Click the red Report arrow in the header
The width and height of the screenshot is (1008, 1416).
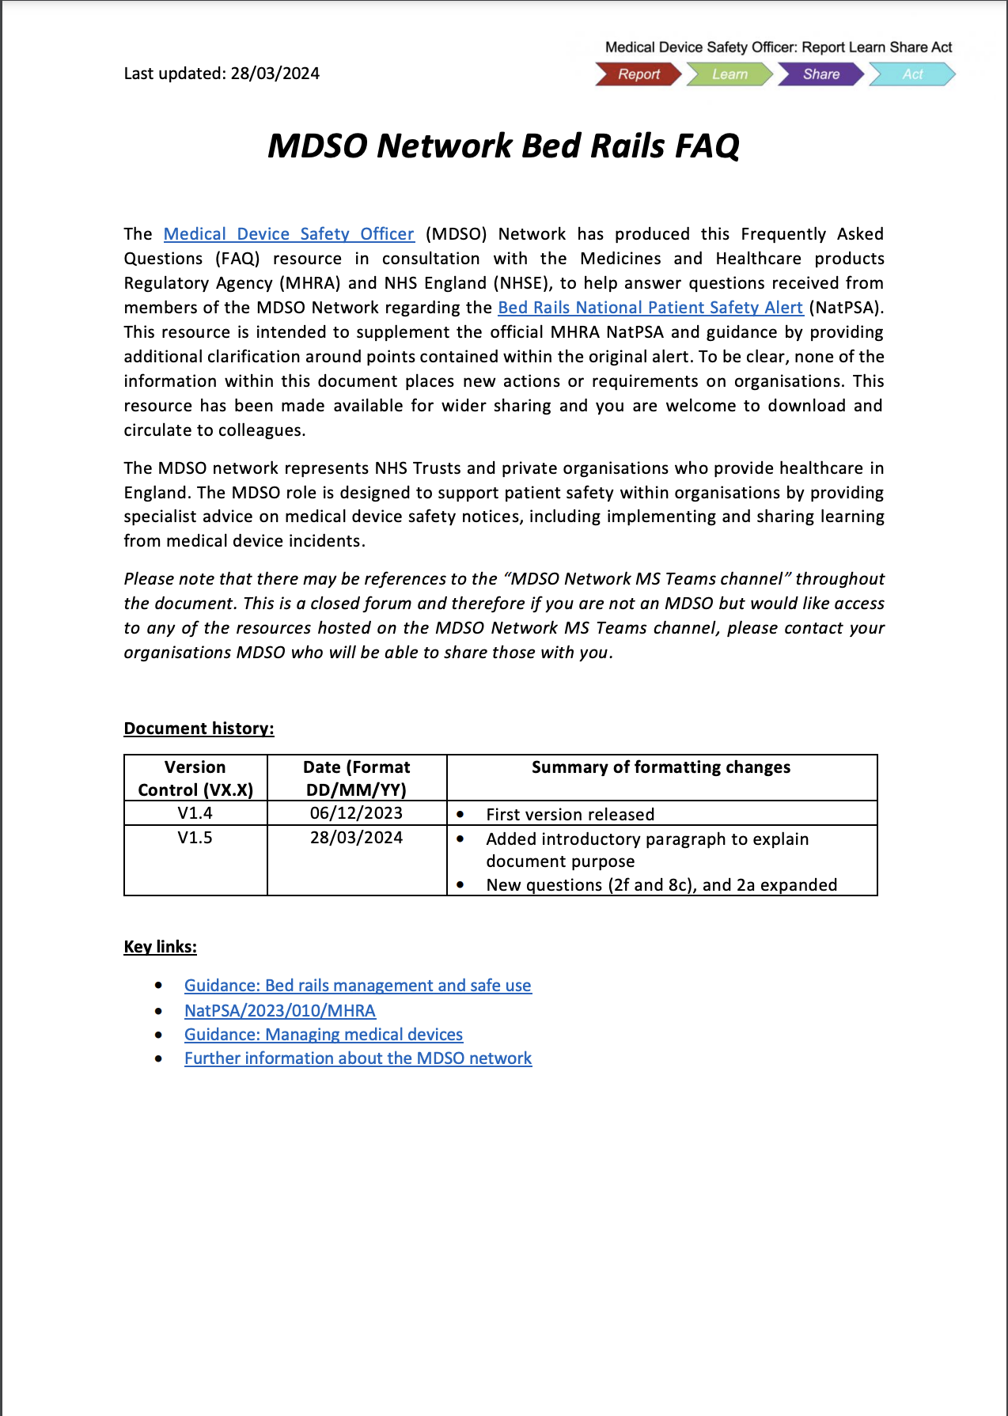[x=638, y=74]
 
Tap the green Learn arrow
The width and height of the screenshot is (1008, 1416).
[x=729, y=74]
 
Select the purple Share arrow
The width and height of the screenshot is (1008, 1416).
[x=820, y=74]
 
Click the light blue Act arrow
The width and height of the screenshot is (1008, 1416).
[x=911, y=74]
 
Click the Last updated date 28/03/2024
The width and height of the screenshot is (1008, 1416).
[x=275, y=74]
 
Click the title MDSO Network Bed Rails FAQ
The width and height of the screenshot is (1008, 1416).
[x=503, y=146]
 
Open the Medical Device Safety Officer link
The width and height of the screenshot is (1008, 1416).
[x=289, y=234]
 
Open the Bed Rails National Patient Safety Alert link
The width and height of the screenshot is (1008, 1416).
[x=650, y=308]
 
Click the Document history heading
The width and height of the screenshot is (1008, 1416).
[x=199, y=729]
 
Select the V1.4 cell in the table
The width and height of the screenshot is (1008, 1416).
[x=195, y=813]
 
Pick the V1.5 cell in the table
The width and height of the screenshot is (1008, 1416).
[x=195, y=838]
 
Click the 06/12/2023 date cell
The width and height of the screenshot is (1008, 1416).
[x=356, y=813]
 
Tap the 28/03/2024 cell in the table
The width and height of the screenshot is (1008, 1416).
[x=356, y=838]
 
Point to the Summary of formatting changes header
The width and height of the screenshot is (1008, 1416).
[x=661, y=767]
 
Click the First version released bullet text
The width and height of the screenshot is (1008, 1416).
[x=570, y=815]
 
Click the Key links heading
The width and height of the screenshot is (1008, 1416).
[x=160, y=947]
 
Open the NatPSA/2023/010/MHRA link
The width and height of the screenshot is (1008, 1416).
[x=279, y=1011]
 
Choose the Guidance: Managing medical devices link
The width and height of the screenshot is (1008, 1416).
[x=323, y=1035]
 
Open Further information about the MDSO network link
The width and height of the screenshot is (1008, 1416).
[x=358, y=1058]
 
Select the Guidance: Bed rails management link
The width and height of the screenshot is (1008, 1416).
[x=358, y=986]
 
